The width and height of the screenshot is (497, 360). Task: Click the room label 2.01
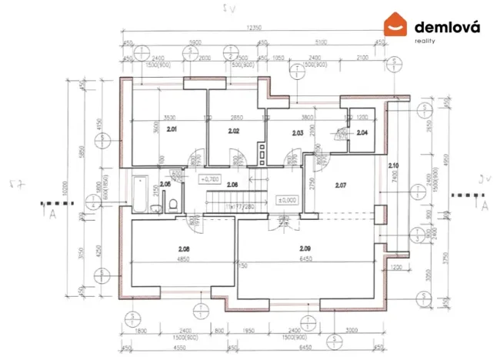(171, 129)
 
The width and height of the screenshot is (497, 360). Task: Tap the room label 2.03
(298, 133)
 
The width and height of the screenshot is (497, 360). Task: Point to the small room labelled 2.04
(362, 133)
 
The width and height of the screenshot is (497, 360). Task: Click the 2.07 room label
(342, 185)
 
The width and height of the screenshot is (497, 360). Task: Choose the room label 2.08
(183, 248)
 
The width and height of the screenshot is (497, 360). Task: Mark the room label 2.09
(306, 248)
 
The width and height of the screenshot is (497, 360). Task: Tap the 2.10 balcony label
(393, 165)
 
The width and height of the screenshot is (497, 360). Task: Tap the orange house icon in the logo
(396, 25)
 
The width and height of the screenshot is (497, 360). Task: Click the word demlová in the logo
(447, 27)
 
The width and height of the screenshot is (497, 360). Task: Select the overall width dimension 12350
(254, 28)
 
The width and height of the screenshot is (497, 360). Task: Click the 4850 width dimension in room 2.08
(183, 259)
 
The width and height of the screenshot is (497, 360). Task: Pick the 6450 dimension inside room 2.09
(306, 259)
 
